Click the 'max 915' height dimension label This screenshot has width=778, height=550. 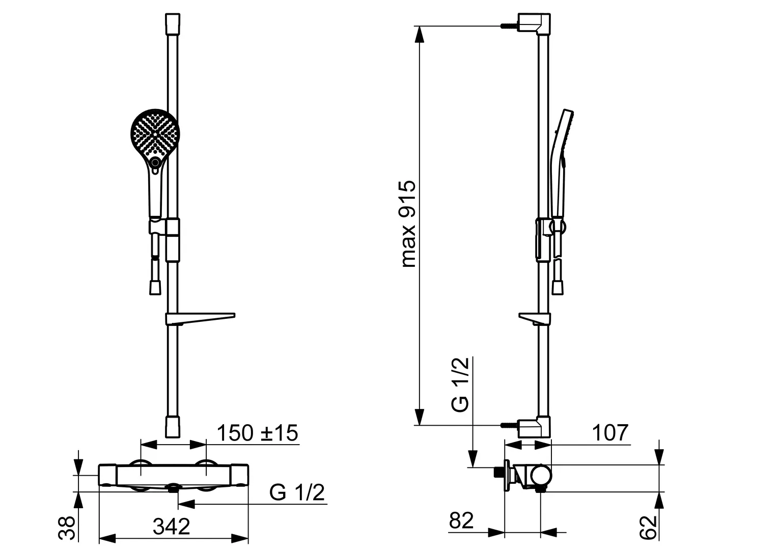pos(409,224)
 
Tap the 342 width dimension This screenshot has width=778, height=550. pos(171,527)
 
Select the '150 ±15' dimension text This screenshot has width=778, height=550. pos(257,432)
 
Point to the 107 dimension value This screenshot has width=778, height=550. pos(610,432)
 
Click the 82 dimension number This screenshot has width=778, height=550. pos(461,520)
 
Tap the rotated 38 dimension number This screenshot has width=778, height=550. pos(67,528)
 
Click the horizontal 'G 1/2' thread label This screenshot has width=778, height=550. pos(297,492)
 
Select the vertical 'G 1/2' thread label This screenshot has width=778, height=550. pos(460,384)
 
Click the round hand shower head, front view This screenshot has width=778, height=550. pos(155,133)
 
